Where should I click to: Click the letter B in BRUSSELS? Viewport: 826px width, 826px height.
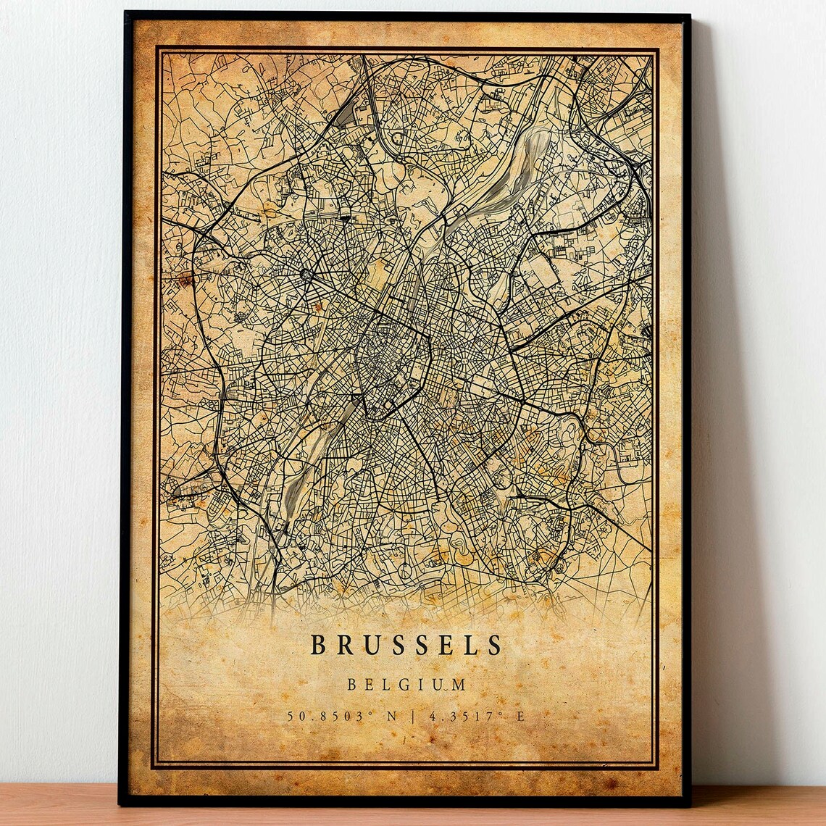[318, 645]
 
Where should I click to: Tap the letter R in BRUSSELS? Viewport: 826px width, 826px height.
[344, 645]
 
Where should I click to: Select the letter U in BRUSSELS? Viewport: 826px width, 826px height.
[371, 645]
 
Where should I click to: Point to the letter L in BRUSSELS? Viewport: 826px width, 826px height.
[468, 645]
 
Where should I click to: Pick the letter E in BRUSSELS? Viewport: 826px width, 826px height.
[446, 645]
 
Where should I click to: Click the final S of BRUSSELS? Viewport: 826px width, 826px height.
[494, 645]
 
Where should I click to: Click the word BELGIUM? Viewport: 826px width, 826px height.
[406, 684]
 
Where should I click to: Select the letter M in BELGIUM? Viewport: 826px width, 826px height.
[459, 684]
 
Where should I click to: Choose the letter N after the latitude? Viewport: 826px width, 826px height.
[392, 717]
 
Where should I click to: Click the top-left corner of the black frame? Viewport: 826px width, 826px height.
[126, 13]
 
